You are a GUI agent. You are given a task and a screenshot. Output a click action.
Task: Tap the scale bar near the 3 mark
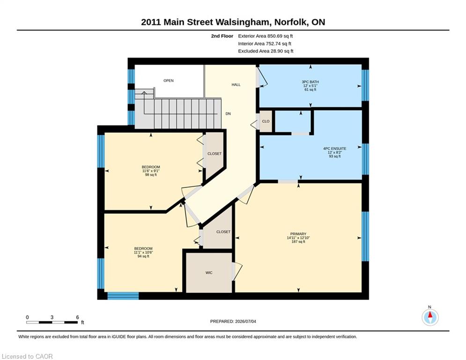[52, 322]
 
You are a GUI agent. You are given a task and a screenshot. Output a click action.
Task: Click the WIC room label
[209, 272]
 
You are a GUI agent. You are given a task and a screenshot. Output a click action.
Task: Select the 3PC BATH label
[310, 82]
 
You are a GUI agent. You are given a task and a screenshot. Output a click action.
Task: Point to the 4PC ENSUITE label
[335, 149]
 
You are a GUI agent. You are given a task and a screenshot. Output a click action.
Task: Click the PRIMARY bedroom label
[298, 234]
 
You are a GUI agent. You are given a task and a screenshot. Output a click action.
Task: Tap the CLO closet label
[266, 121]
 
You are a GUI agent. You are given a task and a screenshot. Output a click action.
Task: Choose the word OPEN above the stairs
[169, 81]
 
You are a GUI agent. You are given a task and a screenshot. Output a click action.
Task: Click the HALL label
[236, 85]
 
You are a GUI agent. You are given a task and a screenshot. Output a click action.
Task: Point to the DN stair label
[228, 113]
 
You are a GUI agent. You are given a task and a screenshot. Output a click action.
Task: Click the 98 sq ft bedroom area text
[151, 175]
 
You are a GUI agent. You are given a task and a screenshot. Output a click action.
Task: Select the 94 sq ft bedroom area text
[143, 256]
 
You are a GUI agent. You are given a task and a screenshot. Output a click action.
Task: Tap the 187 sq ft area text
[298, 241]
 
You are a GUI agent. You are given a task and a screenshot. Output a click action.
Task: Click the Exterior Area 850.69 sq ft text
[266, 36]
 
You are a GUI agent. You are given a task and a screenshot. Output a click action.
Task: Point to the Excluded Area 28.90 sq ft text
[266, 51]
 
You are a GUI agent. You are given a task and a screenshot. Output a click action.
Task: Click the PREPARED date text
[233, 321]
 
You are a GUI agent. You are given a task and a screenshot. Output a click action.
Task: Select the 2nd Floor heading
[222, 36]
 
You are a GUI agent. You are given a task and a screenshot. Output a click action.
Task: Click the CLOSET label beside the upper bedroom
[215, 154]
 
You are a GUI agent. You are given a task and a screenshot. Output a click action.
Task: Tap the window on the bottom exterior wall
[123, 296]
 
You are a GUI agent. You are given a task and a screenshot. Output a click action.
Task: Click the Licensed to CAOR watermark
[27, 356]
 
